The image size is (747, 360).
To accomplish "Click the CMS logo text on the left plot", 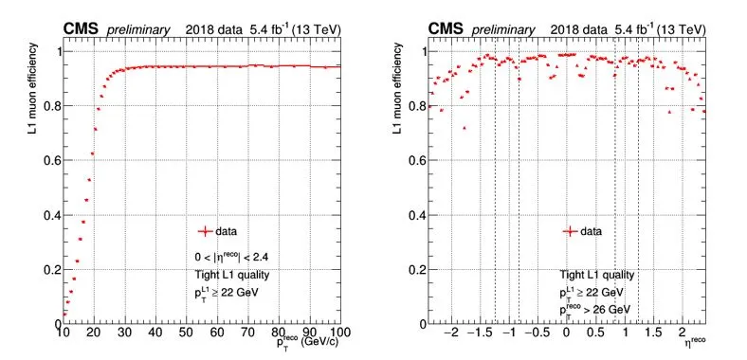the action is (x=81, y=29).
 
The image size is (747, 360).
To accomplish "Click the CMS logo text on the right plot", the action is (x=446, y=29).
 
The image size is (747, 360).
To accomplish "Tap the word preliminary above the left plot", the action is (x=138, y=30).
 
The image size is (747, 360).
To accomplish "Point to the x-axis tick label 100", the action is (x=333, y=332).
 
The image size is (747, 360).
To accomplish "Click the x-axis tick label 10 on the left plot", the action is (x=64, y=332).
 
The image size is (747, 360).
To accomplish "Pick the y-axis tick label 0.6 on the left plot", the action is (x=50, y=160).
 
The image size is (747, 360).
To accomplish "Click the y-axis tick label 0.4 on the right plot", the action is (x=416, y=215).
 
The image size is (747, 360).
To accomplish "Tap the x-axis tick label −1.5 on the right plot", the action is (x=483, y=332).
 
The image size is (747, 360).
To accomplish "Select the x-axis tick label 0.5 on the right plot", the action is (x=594, y=332).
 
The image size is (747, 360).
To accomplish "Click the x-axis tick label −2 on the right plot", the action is (x=454, y=332).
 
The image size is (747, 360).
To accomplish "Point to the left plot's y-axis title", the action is (x=32, y=87).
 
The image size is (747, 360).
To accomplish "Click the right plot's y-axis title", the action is (x=397, y=87).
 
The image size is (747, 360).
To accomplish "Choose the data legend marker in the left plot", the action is (x=205, y=232).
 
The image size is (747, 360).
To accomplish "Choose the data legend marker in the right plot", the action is (x=570, y=232).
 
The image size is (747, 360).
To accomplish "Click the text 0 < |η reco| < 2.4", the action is (x=231, y=257).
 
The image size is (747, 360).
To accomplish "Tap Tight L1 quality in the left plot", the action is (x=232, y=275).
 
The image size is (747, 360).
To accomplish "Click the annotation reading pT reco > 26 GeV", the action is (x=595, y=310).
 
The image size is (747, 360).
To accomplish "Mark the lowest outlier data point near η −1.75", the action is (x=465, y=128).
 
